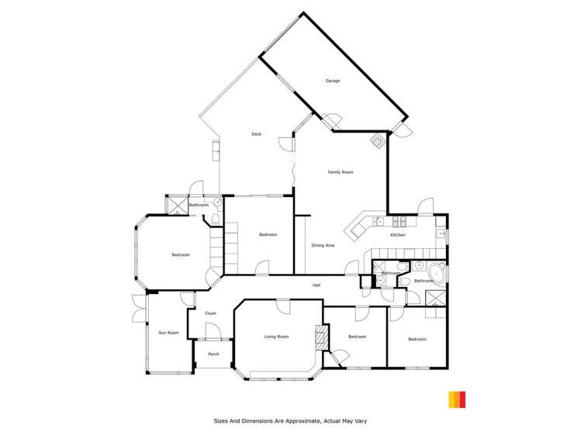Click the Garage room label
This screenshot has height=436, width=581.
331,81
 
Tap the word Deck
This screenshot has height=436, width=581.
256,134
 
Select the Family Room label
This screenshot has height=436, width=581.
341,172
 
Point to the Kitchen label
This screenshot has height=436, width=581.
397,235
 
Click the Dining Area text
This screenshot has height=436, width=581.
323,245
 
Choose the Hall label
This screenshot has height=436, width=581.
316,285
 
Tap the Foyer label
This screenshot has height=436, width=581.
210,313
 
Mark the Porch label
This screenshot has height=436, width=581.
213,355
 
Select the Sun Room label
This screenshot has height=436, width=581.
168,333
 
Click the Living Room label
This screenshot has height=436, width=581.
276,337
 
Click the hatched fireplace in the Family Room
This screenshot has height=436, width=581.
378,141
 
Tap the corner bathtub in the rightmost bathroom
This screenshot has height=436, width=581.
437,272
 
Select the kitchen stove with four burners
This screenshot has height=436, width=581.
378,222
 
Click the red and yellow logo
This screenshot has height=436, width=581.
457,400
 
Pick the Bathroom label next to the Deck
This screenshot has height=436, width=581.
199,205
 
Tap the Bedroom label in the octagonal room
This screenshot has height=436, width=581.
180,254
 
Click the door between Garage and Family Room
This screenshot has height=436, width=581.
331,123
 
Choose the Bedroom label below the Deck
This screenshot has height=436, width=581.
268,234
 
